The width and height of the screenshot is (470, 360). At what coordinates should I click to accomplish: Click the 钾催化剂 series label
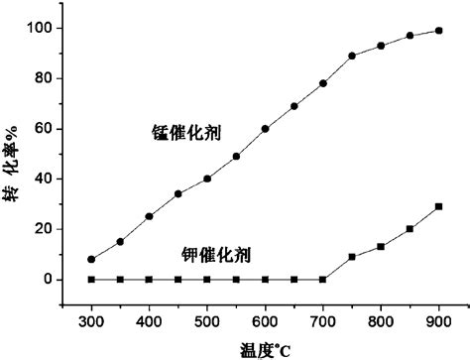(216, 254)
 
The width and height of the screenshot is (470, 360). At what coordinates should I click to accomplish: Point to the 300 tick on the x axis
(91, 322)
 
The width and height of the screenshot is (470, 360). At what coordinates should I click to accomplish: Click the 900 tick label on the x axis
(438, 322)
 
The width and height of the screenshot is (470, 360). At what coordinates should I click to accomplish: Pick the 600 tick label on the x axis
(265, 322)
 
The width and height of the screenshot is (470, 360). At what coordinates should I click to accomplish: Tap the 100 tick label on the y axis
(41, 28)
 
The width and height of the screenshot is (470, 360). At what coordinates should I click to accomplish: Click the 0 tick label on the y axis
(49, 280)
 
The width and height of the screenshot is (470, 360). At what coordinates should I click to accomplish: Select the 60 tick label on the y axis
(44, 129)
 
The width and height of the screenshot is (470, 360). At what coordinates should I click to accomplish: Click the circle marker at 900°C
(438, 31)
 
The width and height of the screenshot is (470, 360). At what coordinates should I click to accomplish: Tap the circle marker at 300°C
(91, 260)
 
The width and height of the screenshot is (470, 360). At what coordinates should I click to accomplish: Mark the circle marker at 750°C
(352, 56)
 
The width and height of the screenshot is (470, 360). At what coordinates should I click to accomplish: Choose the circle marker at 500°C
(207, 179)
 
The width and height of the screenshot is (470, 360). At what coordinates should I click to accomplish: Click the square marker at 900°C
(438, 206)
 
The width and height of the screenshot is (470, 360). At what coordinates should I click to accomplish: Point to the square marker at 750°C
(352, 257)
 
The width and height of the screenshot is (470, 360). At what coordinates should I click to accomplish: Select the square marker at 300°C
(91, 280)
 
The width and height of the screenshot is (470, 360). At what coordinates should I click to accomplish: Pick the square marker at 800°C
(381, 247)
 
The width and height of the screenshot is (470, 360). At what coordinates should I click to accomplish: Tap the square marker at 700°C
(323, 280)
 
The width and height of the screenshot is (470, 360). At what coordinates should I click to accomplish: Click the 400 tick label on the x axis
(149, 322)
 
